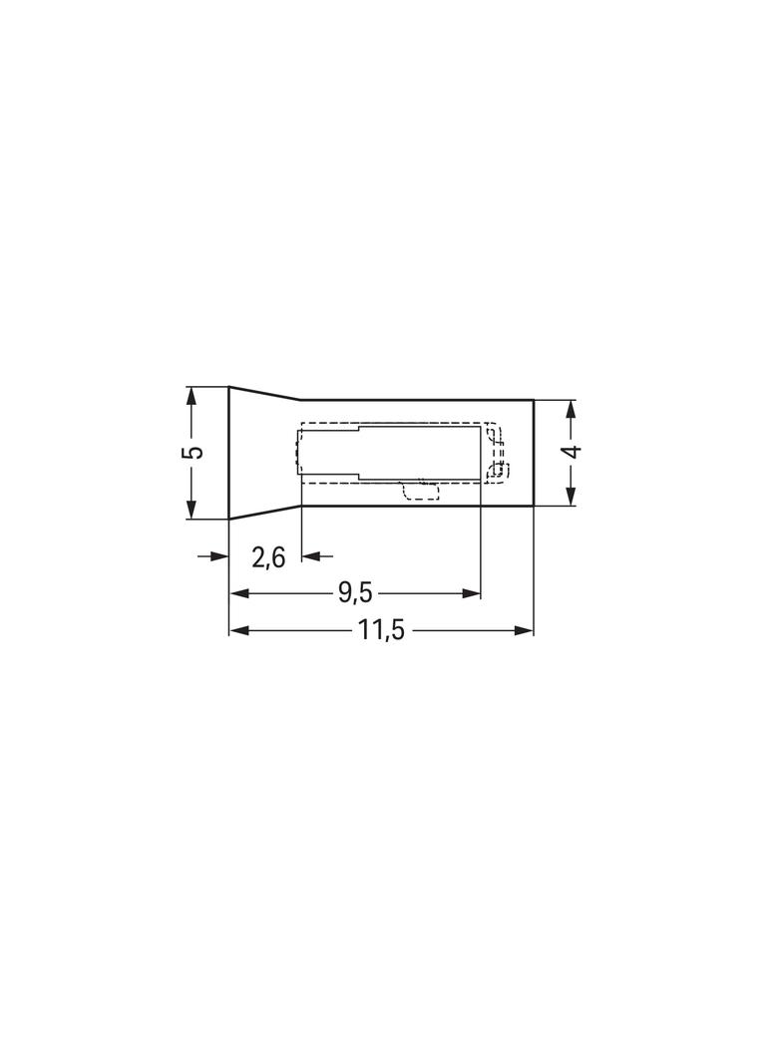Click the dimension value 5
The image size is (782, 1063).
point(194,452)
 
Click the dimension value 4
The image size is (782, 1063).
point(574,452)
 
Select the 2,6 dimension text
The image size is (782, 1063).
point(268,558)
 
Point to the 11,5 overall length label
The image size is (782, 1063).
point(381,631)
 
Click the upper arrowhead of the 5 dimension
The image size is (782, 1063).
point(192,395)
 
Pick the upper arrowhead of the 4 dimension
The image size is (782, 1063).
point(572,408)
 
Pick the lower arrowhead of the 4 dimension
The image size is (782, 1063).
point(572,497)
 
